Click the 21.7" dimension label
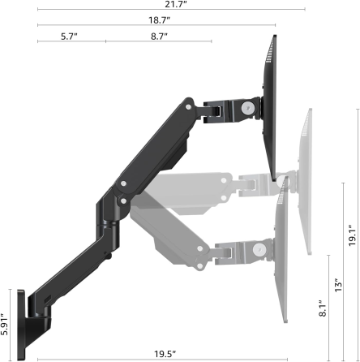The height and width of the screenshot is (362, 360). [x=176, y=5]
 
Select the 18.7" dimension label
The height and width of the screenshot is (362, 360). [x=160, y=20]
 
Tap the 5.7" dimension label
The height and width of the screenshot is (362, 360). [x=69, y=37]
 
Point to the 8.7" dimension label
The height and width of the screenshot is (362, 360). [x=159, y=37]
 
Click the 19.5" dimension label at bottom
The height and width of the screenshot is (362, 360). [x=165, y=354]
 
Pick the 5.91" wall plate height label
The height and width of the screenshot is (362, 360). [x=5, y=325]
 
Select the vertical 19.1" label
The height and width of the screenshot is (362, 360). [x=352, y=235]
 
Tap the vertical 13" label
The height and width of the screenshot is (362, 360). [x=338, y=285]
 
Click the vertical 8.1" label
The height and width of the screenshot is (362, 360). [x=323, y=308]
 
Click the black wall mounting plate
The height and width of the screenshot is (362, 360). [x=21, y=325]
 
